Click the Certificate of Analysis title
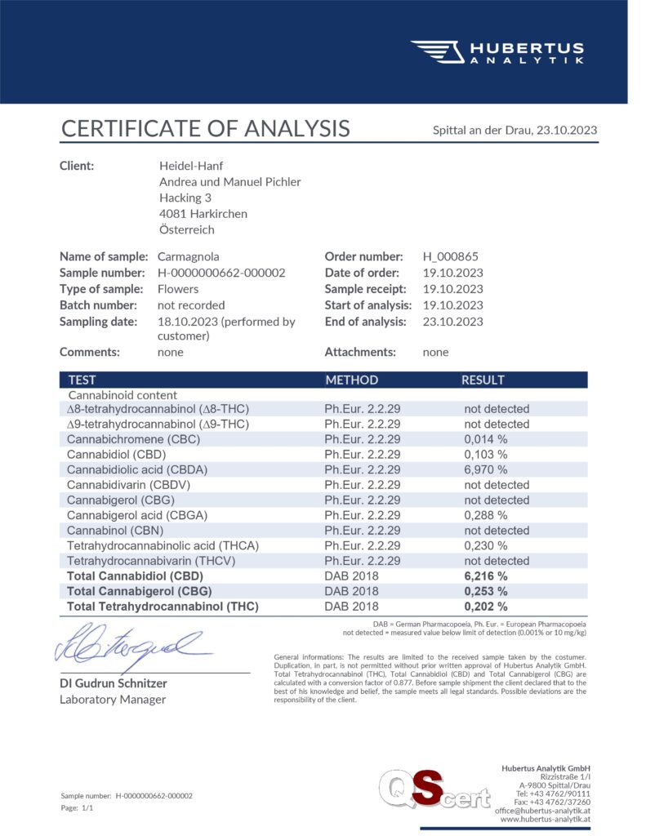pos(205,128)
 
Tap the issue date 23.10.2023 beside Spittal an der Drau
pos(567,130)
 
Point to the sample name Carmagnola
pos(188,256)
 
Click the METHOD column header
pos(351,380)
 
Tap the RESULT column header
pos(483,380)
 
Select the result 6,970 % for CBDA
pos(486,469)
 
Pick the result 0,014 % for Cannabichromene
pos(486,438)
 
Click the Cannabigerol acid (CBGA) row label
pos(137,515)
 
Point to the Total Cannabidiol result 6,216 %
pos(486,576)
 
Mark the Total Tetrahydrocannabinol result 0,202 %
pos(486,607)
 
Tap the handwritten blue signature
pos(131,643)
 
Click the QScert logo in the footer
pos(433,792)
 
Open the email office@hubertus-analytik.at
pos(542,810)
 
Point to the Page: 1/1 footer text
pos(78,807)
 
